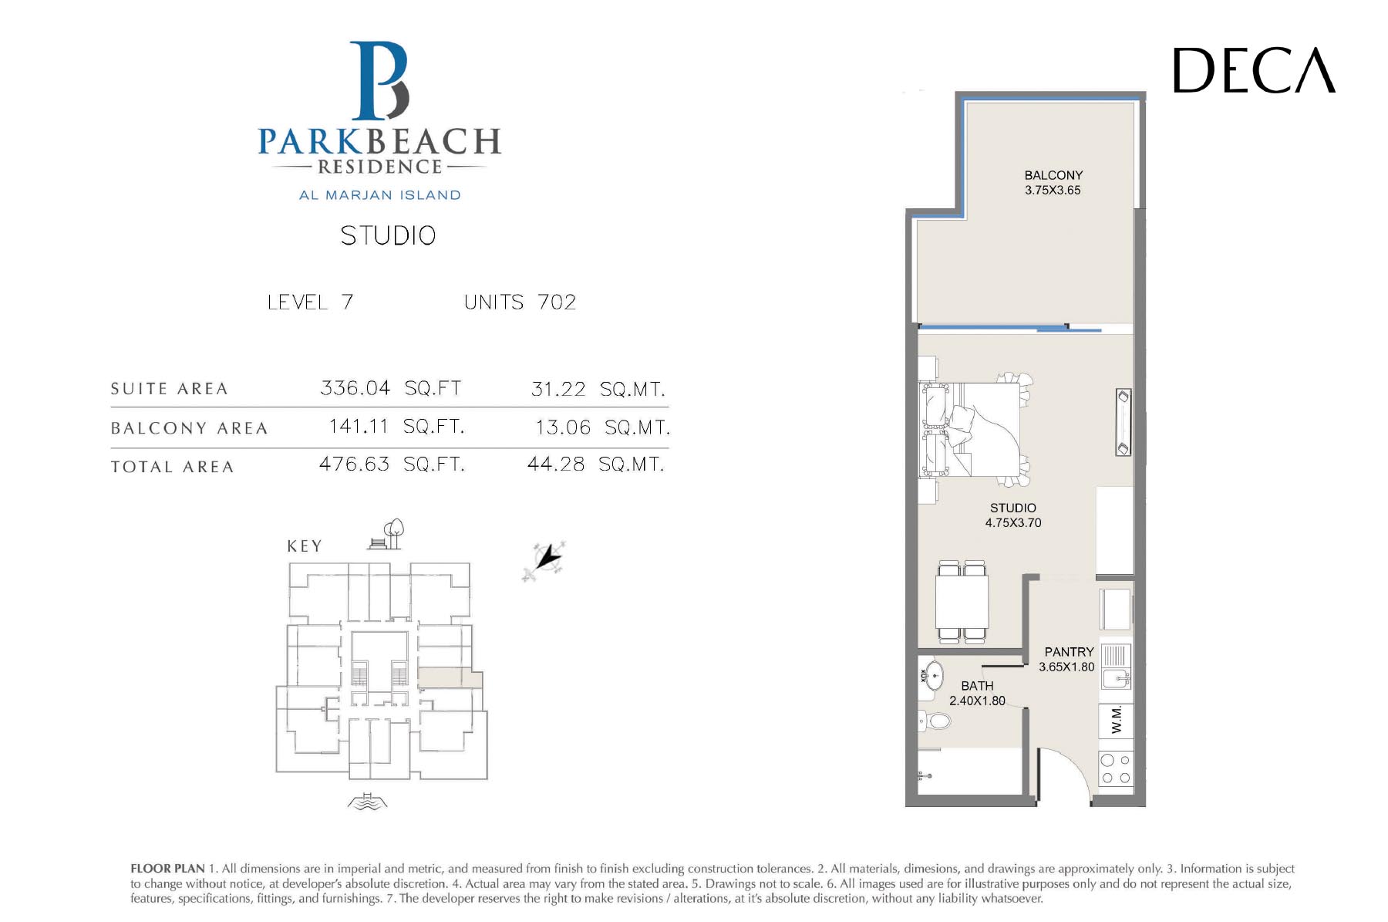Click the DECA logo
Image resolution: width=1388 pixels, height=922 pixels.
click(1254, 70)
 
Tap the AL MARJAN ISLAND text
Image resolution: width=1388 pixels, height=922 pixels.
click(380, 195)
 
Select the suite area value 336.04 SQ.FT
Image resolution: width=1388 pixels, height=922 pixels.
click(390, 387)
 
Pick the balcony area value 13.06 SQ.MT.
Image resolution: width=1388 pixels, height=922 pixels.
click(602, 427)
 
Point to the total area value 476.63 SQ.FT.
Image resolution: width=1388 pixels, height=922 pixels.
click(392, 464)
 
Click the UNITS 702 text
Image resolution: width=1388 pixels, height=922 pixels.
click(520, 302)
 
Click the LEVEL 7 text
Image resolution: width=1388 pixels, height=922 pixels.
click(310, 302)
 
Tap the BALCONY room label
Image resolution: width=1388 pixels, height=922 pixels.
click(1053, 175)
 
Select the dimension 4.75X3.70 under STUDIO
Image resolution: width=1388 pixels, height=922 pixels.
click(1013, 522)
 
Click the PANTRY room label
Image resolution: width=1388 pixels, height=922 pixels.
click(1069, 652)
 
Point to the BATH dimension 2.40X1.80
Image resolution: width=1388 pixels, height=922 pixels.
click(977, 701)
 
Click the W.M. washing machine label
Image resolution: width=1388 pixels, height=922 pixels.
click(1116, 721)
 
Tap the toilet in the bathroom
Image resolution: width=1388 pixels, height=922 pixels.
click(935, 721)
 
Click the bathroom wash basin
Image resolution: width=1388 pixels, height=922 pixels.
click(932, 676)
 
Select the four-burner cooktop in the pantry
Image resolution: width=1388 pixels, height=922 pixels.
click(1116, 768)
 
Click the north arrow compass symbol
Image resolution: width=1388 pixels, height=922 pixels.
click(544, 559)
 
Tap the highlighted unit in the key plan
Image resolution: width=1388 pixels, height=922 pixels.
click(450, 677)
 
